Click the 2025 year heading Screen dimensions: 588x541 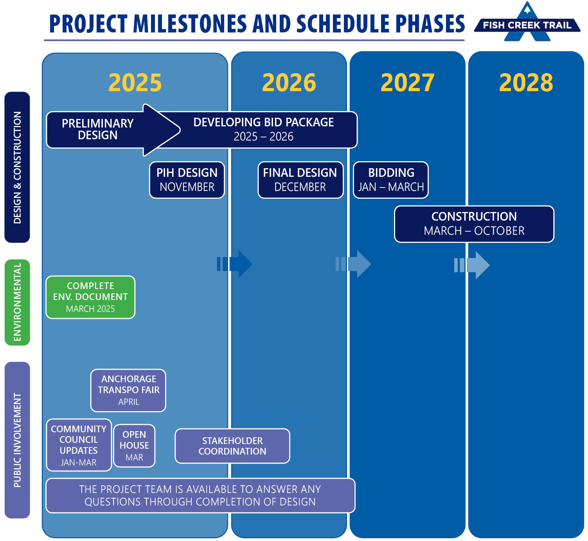(135, 83)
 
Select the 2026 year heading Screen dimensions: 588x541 (289, 83)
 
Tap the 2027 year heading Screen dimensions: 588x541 (407, 83)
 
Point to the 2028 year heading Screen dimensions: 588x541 (526, 83)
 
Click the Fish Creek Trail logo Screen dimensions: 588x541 (527, 22)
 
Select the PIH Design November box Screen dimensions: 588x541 (187, 180)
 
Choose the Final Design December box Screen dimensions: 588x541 (300, 180)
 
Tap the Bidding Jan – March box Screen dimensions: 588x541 (391, 180)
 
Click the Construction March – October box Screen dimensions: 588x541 (474, 224)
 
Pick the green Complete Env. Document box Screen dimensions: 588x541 (90, 297)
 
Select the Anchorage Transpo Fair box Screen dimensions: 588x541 (128, 390)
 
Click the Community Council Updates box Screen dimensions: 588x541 (79, 445)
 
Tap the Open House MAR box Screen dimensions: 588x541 (134, 446)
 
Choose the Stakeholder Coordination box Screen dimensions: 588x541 (232, 446)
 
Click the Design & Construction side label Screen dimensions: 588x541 (17, 167)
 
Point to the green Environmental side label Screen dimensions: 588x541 (17, 302)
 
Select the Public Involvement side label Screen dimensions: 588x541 (17, 440)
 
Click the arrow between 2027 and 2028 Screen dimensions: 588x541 (471, 265)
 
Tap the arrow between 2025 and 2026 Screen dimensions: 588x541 (234, 264)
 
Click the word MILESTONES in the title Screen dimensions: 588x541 (190, 24)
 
